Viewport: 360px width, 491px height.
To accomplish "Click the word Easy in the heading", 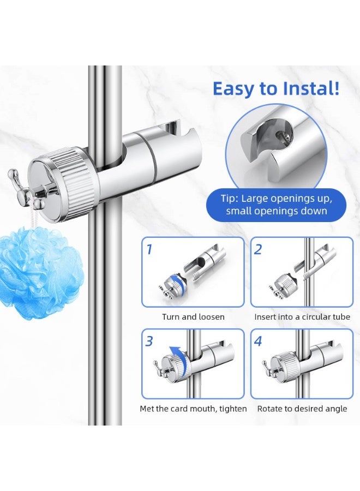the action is click(x=233, y=89).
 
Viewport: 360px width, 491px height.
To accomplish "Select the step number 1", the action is click(x=149, y=249).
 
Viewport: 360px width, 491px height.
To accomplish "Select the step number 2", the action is click(x=258, y=249).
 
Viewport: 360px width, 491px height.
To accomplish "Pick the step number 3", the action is click(x=149, y=341).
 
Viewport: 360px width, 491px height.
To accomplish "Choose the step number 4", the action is click(x=258, y=341).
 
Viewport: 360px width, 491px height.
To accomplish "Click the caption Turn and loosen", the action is click(x=193, y=317).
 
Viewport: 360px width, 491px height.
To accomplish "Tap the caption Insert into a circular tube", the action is click(x=302, y=317).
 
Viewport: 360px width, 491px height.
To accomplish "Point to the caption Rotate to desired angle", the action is click(x=302, y=409).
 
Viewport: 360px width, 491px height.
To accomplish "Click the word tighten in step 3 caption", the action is click(x=233, y=409).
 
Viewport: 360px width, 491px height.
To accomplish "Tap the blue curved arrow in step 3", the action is click(x=182, y=359).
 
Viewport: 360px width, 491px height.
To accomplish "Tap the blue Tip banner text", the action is click(x=277, y=205).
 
